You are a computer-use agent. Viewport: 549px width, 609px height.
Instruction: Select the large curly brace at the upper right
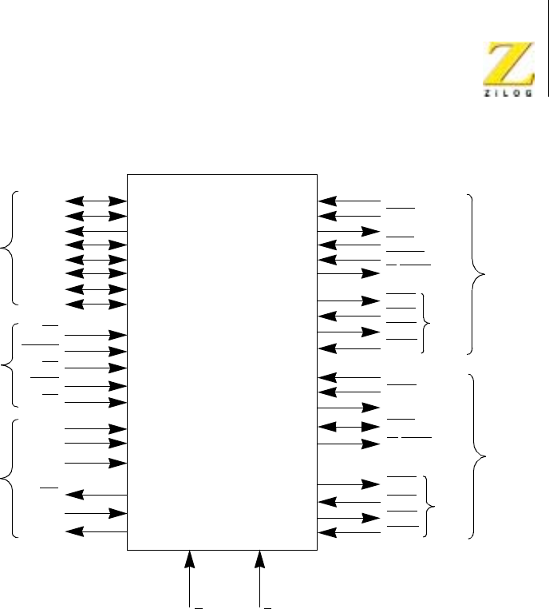coord(478,273)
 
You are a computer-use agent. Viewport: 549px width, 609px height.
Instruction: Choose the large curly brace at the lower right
coord(478,456)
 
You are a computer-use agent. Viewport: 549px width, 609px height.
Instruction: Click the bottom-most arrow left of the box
coord(96,531)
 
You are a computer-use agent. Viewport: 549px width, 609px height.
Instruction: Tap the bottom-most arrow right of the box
coord(349,531)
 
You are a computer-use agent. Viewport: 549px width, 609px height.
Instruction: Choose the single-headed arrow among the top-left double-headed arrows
coord(96,231)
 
